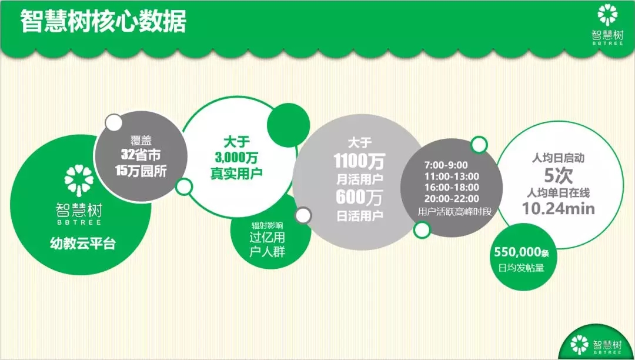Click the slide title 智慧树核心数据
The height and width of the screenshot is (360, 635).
coord(103,23)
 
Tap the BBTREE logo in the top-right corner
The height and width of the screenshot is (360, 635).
coord(609,24)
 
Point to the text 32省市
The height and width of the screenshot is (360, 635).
coord(141,156)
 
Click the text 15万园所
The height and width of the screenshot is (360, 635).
coord(141,171)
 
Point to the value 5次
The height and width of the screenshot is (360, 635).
coord(558,175)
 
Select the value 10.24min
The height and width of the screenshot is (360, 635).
coord(558,208)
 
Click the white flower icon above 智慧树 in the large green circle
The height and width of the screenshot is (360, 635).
coord(79,180)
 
